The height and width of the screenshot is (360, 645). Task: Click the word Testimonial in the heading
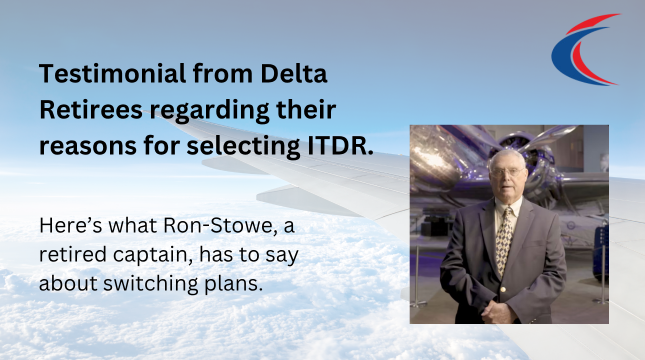[113, 73]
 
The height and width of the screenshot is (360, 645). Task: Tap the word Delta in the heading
[294, 73]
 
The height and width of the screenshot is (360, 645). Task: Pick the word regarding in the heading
[209, 111]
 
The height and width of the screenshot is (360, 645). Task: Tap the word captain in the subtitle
[150, 255]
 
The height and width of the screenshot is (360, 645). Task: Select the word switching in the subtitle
[150, 285]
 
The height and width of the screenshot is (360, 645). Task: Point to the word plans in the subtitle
[233, 285]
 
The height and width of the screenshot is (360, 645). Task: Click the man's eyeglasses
[507, 172]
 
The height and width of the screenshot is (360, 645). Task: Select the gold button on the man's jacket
[503, 289]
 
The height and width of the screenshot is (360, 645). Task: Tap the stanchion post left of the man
[416, 277]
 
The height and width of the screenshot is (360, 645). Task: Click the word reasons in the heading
[87, 146]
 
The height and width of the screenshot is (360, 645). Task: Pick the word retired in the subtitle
[73, 254]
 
